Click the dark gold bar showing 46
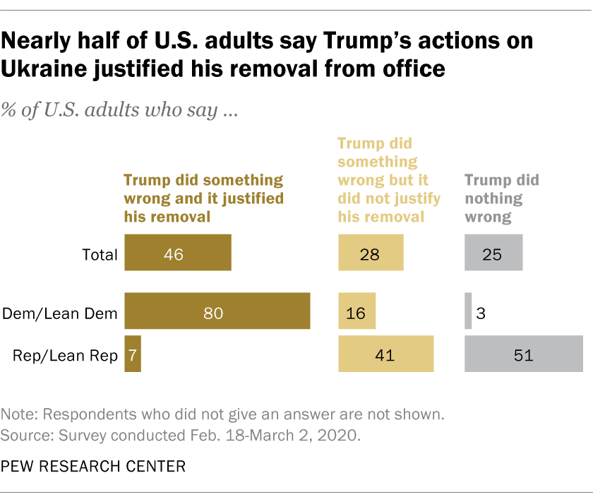[x=177, y=253]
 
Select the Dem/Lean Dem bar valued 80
[x=217, y=311]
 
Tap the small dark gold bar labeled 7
[x=133, y=354]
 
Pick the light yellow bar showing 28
[x=371, y=253]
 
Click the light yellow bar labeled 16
[x=357, y=311]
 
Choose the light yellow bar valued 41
[x=385, y=354]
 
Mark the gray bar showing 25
[x=493, y=253]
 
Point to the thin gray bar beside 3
[x=468, y=311]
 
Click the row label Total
[x=100, y=254]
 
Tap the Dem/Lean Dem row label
[x=60, y=313]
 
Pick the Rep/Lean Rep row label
[x=65, y=355]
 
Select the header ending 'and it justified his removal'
[x=204, y=198]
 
